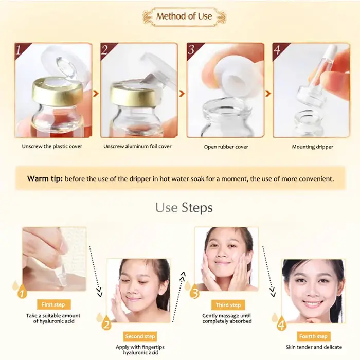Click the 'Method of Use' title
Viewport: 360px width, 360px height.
pos(184,16)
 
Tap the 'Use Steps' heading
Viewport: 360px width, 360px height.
pos(184,208)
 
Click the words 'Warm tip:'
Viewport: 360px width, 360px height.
pos(45,178)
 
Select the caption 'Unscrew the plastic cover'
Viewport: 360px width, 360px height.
pos(52,146)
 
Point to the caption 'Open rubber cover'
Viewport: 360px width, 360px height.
pos(226,147)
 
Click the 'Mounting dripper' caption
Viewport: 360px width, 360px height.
pos(313,147)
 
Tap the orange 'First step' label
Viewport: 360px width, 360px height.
pos(53,304)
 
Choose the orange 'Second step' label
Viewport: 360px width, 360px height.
pos(140,336)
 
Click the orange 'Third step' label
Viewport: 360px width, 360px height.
pos(228,305)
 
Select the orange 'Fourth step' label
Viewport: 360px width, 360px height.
pos(313,336)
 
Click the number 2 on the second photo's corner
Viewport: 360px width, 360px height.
pos(105,49)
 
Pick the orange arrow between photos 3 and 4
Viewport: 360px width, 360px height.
pos(268,94)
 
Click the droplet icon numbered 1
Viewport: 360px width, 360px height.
pos(22,292)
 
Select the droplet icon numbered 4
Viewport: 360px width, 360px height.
pos(281,323)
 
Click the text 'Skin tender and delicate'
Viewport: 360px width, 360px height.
pos(314,347)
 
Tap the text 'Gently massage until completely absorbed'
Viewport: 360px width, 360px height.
pos(227,318)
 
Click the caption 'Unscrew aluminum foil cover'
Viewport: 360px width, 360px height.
pos(137,146)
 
